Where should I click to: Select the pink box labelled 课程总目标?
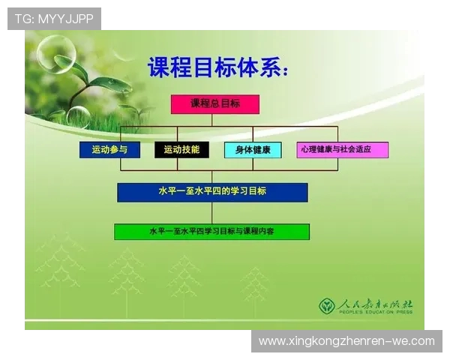(x=215, y=104)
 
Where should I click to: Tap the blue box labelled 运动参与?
(x=109, y=149)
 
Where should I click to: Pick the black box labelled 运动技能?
(x=181, y=149)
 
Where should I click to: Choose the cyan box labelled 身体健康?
(x=253, y=149)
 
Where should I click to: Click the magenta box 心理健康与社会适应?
(x=342, y=149)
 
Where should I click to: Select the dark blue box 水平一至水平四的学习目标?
(x=212, y=192)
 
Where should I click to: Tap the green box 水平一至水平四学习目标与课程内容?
(x=211, y=232)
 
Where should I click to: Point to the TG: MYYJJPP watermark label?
(x=54, y=19)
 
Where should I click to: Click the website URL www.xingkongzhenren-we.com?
(x=346, y=341)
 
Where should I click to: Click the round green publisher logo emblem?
(x=327, y=305)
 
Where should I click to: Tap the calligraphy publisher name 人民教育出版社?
(x=375, y=304)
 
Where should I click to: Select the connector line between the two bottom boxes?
(x=212, y=212)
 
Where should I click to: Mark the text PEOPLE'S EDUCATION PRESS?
(x=375, y=314)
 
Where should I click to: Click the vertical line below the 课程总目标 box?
(x=215, y=120)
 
